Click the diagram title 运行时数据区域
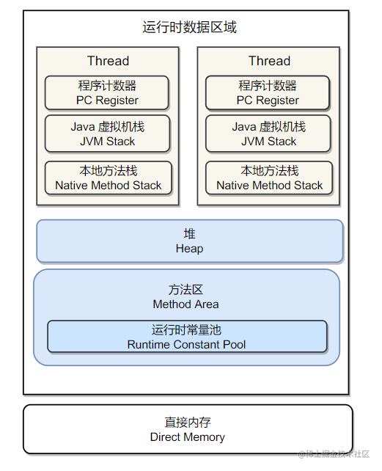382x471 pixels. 189,27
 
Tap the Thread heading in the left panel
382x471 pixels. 108,61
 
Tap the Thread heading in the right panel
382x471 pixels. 269,61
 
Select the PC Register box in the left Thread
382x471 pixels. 106,93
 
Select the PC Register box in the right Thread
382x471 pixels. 268,93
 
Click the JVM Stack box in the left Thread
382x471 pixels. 107,134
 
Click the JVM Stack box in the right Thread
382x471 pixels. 268,134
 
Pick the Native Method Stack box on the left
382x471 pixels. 108,178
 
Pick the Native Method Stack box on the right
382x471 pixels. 269,178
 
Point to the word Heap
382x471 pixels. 189,249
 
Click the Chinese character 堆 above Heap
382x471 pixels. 189,234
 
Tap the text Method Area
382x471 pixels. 186,304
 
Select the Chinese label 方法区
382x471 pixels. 186,290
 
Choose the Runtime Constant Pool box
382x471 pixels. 187,337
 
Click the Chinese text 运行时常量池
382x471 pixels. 186,330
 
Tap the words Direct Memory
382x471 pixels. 188,437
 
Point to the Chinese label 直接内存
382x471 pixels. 188,423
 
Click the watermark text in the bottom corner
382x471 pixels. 334,454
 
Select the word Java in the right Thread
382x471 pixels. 244,127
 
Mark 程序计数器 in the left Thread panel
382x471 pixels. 107,86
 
